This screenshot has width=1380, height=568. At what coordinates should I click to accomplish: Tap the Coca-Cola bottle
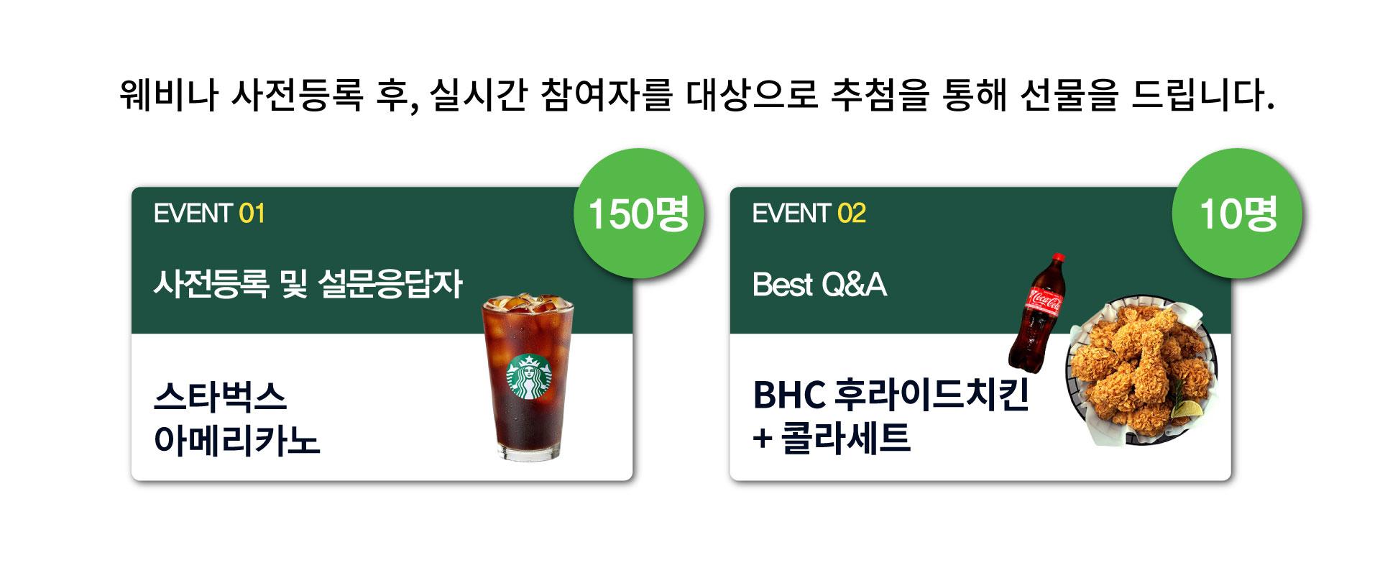1037,313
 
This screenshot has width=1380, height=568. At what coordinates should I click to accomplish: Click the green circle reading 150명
638,214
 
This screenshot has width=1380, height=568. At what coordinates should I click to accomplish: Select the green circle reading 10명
1237,214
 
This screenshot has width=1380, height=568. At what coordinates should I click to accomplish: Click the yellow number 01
252,214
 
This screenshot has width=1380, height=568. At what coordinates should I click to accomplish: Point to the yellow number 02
852,214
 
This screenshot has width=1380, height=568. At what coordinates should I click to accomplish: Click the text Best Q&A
819,285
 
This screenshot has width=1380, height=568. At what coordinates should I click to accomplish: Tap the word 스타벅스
220,396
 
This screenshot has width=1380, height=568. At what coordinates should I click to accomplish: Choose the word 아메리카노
236,439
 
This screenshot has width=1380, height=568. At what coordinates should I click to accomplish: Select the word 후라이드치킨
932,395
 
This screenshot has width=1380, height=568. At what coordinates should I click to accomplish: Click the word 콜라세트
846,438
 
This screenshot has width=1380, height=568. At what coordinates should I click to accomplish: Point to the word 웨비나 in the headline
169,94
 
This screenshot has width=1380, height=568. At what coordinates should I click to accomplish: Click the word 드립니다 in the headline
1202,94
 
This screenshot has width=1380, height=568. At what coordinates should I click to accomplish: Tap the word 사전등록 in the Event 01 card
211,284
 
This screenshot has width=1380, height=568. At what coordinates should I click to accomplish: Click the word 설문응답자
390,284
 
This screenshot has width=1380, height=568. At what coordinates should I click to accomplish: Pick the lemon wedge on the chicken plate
1187,409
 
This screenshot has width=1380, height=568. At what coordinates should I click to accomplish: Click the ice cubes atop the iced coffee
527,303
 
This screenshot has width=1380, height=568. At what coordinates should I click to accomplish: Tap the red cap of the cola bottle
1058,258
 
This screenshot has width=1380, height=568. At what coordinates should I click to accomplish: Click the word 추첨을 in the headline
880,94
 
